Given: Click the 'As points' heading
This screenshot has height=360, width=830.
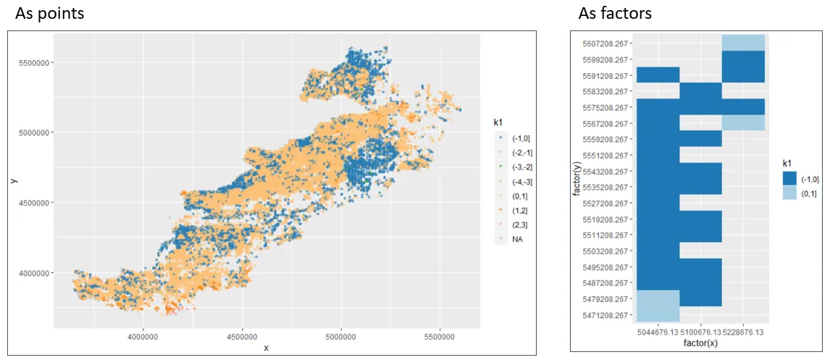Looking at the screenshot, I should [49, 13].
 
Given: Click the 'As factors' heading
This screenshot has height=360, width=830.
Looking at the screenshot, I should [615, 13].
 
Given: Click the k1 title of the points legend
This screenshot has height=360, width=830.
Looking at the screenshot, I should [501, 121].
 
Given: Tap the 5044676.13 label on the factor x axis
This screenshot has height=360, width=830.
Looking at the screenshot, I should [657, 331].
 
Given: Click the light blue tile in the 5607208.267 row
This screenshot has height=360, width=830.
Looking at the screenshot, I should [744, 43].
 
